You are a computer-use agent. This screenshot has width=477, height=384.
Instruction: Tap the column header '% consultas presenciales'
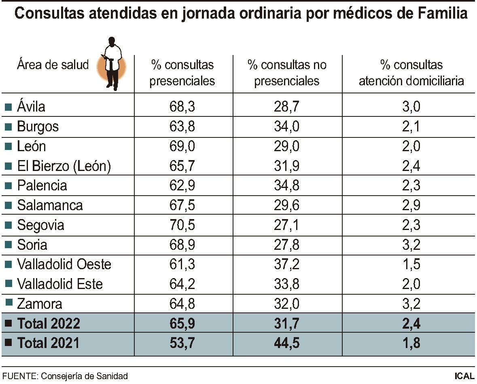point(182,73)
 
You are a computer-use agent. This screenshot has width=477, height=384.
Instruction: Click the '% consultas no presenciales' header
point(287,73)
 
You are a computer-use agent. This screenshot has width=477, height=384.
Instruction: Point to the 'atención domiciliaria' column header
point(411,73)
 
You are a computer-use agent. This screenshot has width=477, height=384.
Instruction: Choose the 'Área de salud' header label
point(53,65)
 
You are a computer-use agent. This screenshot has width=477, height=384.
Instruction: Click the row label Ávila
point(31,107)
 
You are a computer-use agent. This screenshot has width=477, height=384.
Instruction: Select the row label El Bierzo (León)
point(64,166)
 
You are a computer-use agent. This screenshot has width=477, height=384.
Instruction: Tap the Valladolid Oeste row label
point(64,264)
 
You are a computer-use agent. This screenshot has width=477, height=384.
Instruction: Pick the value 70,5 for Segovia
point(182,225)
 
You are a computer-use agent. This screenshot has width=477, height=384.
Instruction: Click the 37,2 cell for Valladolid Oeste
point(287,264)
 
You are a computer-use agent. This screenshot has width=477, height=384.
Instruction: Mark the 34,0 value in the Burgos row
point(287,127)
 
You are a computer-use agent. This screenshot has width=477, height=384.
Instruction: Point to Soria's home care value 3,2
point(411,245)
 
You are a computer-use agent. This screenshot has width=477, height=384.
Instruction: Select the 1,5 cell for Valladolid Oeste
point(411,264)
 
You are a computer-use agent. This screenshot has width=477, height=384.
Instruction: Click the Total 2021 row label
point(49,343)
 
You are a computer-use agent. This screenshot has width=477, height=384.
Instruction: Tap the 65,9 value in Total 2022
point(182,323)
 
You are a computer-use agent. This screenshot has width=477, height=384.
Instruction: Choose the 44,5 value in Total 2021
point(287,343)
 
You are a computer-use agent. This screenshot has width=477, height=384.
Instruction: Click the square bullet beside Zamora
point(8,304)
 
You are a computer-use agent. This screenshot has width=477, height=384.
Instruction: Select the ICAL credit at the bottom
point(464,376)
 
